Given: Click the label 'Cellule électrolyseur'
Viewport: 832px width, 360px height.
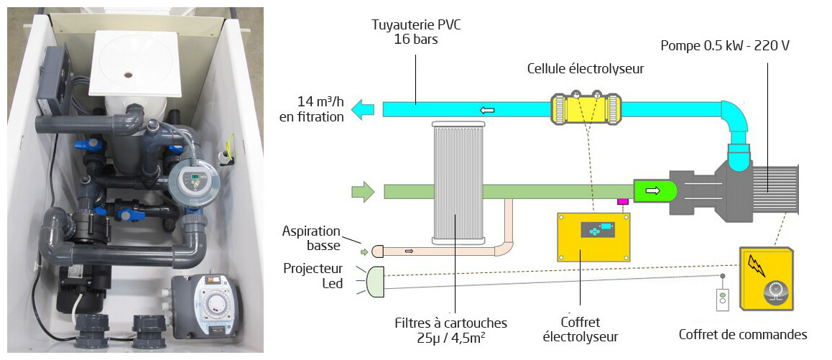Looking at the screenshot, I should (x=586, y=69).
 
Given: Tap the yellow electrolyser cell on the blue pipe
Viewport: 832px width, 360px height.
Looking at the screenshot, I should (x=585, y=109).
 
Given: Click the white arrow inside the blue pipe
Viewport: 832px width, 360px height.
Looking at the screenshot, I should (x=488, y=110).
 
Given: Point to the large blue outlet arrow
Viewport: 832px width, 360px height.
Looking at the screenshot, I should (x=364, y=109).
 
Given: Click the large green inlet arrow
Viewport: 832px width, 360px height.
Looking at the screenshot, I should (x=363, y=192).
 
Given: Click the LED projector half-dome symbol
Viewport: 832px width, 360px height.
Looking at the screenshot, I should (x=376, y=282).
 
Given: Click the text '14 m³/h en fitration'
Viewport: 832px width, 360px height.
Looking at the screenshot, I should (x=311, y=109).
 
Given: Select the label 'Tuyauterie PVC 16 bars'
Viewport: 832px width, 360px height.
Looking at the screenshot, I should (x=416, y=32).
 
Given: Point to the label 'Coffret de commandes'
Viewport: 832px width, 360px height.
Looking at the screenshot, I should (x=743, y=335).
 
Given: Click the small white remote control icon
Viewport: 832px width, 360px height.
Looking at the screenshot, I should (x=723, y=299).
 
